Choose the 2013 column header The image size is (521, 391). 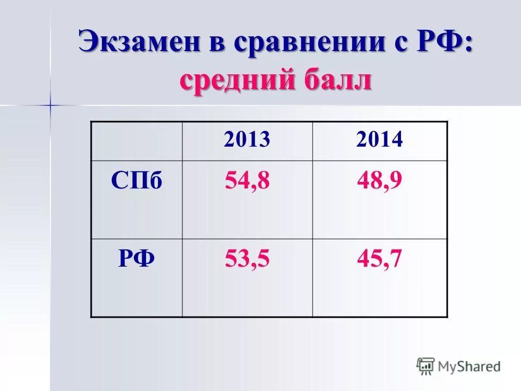pyautogui.click(x=246, y=140)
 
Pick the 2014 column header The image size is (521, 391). pyautogui.click(x=379, y=140)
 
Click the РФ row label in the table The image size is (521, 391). pyautogui.click(x=136, y=259)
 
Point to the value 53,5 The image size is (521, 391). pyautogui.click(x=246, y=259)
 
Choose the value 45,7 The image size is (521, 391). pyautogui.click(x=379, y=259)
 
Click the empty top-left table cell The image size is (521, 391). pyautogui.click(x=136, y=141)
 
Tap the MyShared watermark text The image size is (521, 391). pyautogui.click(x=469, y=367)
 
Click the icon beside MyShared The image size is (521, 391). pyautogui.click(x=425, y=366)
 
